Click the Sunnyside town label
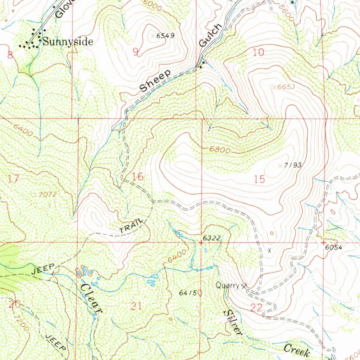tap(68, 42)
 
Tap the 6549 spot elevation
tap(166, 36)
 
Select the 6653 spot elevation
tap(286, 87)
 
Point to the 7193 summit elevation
tap(292, 165)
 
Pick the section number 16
tap(138, 177)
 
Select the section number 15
tap(259, 179)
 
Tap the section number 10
tap(258, 53)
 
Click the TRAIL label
tap(131, 226)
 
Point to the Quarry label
tap(227, 286)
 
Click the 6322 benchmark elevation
tap(212, 238)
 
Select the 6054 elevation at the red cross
tap(334, 247)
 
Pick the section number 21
tap(136, 306)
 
